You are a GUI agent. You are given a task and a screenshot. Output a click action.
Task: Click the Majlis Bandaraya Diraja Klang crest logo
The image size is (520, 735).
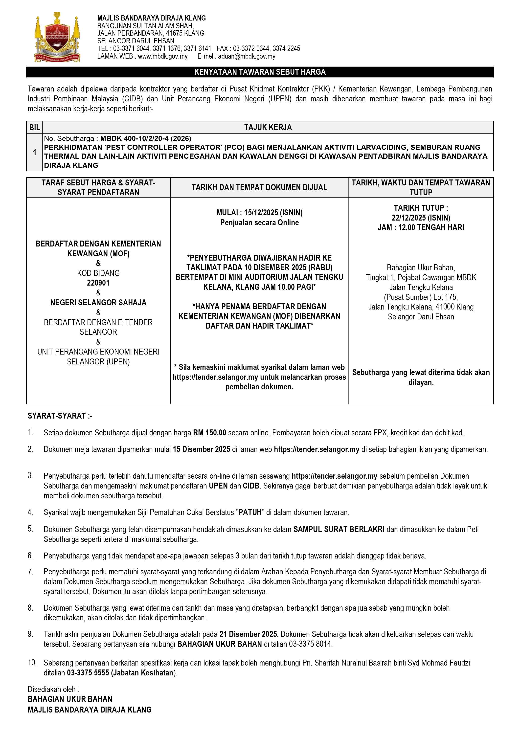click(x=57, y=37)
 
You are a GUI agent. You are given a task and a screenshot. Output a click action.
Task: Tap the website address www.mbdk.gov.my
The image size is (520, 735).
click(x=163, y=57)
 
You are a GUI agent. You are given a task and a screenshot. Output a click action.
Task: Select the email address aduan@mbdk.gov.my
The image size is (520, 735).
click(x=247, y=57)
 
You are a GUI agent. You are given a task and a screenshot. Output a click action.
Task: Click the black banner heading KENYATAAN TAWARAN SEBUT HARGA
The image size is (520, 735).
click(x=260, y=72)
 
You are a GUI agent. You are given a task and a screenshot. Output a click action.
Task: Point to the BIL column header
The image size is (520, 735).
click(x=35, y=127)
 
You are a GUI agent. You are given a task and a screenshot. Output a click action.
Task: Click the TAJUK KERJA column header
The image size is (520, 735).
click(x=268, y=127)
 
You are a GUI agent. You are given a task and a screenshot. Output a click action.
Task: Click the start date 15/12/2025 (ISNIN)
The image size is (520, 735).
click(x=273, y=213)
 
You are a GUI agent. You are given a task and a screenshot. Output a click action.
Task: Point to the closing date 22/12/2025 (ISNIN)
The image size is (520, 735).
click(x=421, y=218)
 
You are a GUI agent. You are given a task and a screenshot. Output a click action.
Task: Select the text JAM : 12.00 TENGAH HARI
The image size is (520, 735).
click(x=421, y=228)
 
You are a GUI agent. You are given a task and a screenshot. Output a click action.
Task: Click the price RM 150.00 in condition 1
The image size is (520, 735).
click(x=209, y=433)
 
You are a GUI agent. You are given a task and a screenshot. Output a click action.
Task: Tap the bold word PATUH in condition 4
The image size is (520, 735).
click(x=250, y=512)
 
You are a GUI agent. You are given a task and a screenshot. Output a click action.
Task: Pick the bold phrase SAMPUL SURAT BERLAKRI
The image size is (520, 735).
click(x=339, y=530)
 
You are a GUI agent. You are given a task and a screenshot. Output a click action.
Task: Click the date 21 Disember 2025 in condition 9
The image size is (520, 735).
click(x=249, y=634)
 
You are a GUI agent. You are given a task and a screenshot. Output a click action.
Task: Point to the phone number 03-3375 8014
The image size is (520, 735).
click(x=310, y=644)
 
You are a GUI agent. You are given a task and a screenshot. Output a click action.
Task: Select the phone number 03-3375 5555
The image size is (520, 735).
click(x=88, y=673)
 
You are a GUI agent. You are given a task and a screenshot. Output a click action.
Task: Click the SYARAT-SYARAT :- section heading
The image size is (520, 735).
click(x=60, y=416)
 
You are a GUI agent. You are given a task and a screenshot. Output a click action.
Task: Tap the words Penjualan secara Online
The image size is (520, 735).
click(x=259, y=223)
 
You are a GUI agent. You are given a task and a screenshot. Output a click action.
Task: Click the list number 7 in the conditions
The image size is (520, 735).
click(x=30, y=572)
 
